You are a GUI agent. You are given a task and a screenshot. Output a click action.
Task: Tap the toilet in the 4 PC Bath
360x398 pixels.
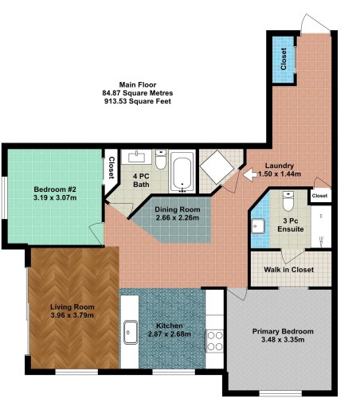click(x=161, y=162)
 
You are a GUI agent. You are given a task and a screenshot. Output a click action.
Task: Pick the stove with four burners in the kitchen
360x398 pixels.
click(x=214, y=341)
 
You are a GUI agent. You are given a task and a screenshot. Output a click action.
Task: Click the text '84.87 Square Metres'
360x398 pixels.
click(x=138, y=93)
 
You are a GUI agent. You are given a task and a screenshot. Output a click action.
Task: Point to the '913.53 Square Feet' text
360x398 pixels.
click(x=138, y=102)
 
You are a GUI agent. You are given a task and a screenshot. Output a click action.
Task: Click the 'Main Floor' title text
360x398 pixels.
click(x=138, y=84)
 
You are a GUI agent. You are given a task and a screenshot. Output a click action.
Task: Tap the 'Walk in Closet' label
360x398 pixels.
click(x=288, y=270)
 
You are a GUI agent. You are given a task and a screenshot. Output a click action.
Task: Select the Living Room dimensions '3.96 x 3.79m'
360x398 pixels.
click(x=72, y=316)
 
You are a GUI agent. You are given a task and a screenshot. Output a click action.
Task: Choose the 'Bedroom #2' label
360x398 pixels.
click(x=54, y=189)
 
